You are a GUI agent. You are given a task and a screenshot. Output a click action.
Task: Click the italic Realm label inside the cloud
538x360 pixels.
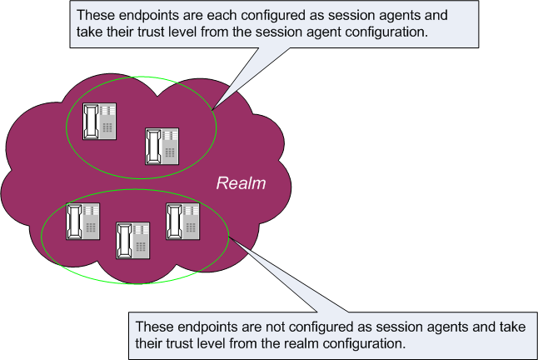[x=241, y=182]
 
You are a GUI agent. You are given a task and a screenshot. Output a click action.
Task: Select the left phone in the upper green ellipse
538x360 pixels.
[x=98, y=121]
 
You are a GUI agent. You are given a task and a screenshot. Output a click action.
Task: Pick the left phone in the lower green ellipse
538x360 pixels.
[x=83, y=221]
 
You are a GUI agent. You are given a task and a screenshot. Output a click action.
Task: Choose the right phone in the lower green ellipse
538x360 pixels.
[x=183, y=221]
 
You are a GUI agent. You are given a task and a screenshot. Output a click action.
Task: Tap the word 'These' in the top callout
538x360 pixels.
[x=92, y=17]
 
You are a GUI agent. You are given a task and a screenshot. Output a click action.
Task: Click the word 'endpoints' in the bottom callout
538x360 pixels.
[x=201, y=326]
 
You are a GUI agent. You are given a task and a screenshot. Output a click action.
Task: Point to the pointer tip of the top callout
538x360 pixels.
[x=213, y=109]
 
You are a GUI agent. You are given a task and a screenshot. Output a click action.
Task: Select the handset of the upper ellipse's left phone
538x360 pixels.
[x=90, y=122]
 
